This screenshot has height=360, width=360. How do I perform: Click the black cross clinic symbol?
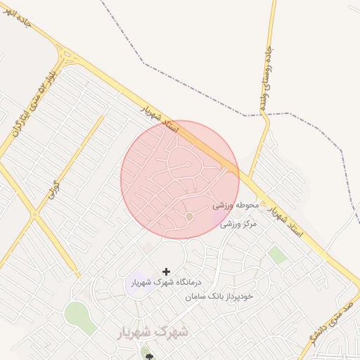(166, 271)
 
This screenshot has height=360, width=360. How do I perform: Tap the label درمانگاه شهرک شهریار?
(166, 283)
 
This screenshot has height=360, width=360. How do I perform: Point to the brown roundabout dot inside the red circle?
(188, 217)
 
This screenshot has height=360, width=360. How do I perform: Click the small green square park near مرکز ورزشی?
(278, 255)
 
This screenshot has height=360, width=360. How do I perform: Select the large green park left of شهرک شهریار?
(79, 318)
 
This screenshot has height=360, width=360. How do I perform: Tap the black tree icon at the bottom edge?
(148, 356)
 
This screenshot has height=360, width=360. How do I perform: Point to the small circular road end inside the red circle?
(188, 164)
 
